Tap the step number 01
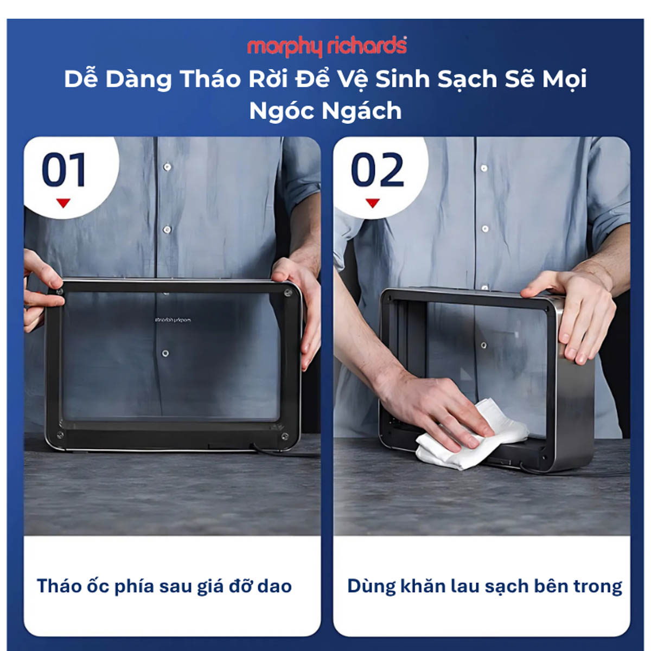tap(64, 169)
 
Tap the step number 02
tap(378, 169)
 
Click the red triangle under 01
tap(63, 203)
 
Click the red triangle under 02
tap(373, 203)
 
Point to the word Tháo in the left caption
tap(58, 585)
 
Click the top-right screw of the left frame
tap(288, 293)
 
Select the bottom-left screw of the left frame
tap(60, 435)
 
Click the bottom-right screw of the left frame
tap(285, 436)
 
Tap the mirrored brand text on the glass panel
tap(173, 320)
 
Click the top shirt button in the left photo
tap(167, 167)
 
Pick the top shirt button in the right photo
tap(484, 168)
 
